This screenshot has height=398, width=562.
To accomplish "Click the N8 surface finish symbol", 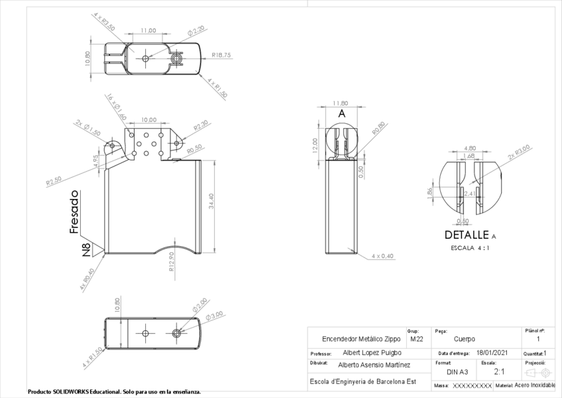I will [87, 249].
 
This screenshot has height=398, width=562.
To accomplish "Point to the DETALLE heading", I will [467, 235].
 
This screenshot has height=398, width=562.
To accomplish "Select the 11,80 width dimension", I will [340, 103].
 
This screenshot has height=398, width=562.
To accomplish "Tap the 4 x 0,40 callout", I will [382, 255].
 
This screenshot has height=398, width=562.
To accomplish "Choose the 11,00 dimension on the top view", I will [148, 31].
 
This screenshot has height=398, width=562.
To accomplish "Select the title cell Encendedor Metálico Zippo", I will [356, 339].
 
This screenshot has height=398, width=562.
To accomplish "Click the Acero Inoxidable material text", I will [534, 385].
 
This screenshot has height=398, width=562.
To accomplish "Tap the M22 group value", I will [416, 339].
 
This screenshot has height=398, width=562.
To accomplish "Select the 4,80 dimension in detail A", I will [470, 148].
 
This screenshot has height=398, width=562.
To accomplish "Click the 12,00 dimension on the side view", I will [315, 143].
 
